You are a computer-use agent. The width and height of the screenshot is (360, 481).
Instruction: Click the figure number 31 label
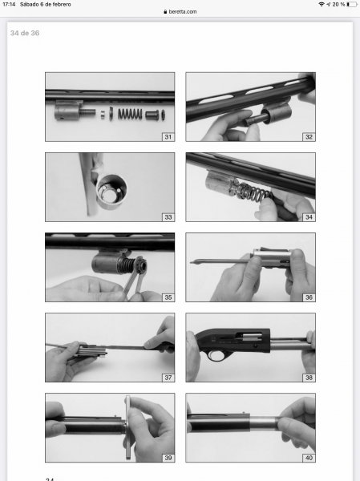(168, 137)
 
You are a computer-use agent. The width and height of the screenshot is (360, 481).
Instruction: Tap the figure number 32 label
(309, 137)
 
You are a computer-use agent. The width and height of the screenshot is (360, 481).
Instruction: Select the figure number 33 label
(168, 217)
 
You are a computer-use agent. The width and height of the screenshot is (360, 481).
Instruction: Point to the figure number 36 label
(309, 297)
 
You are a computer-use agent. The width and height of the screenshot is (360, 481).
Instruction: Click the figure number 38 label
(309, 378)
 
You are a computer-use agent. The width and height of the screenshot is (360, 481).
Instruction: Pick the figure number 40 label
(309, 458)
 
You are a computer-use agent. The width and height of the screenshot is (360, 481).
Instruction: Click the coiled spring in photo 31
(130, 114)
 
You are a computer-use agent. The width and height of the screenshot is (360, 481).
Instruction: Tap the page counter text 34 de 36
(25, 33)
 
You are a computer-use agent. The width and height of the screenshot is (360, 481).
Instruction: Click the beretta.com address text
(183, 12)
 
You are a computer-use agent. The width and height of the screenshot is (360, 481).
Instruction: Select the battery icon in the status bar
(352, 4)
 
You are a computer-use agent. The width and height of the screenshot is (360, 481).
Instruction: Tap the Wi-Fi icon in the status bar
(322, 4)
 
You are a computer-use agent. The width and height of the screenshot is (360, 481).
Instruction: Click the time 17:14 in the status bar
(9, 4)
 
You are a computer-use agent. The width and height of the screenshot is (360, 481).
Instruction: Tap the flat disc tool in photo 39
(127, 427)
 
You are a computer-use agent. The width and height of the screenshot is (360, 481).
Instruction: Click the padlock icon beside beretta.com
(165, 12)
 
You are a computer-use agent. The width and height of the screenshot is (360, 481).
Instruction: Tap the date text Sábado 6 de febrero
(46, 4)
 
